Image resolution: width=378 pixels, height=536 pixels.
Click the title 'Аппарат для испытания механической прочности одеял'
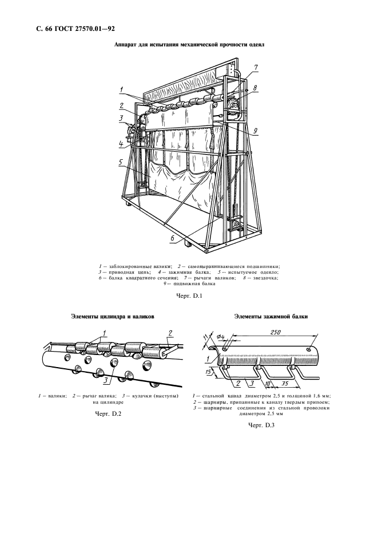click(x=189, y=44)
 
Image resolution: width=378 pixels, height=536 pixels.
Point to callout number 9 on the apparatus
click(x=256, y=131)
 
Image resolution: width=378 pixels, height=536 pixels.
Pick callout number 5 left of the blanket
click(x=121, y=161)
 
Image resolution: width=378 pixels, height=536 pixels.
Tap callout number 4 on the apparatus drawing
click(x=121, y=143)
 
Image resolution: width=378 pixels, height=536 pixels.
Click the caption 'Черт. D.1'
click(x=189, y=296)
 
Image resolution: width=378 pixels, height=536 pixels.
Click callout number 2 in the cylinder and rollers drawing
click(x=170, y=332)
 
